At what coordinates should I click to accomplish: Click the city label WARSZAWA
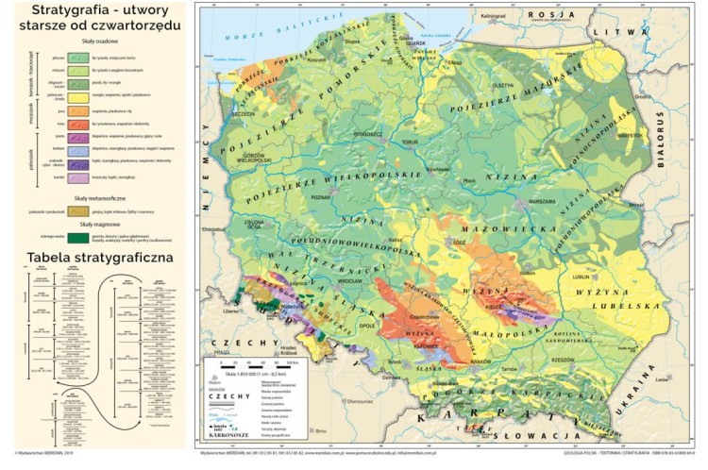pos(541,201)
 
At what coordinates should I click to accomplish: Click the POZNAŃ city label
pos(322,199)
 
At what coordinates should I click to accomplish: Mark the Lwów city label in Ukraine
pos(661,380)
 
